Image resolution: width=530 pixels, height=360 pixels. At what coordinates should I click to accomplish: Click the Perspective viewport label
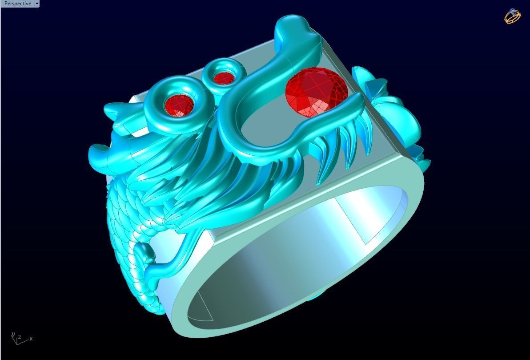click(17, 4)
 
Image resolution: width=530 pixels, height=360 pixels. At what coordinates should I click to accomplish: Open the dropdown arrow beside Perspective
click(37, 4)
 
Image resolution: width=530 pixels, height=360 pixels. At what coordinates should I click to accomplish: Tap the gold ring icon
click(512, 16)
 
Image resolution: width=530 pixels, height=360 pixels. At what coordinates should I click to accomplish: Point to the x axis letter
click(31, 339)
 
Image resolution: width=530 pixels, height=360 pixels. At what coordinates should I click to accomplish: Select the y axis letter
click(13, 334)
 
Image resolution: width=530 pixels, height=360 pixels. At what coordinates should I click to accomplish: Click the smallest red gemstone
click(224, 78)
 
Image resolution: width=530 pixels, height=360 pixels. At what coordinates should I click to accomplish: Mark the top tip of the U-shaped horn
click(293, 24)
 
